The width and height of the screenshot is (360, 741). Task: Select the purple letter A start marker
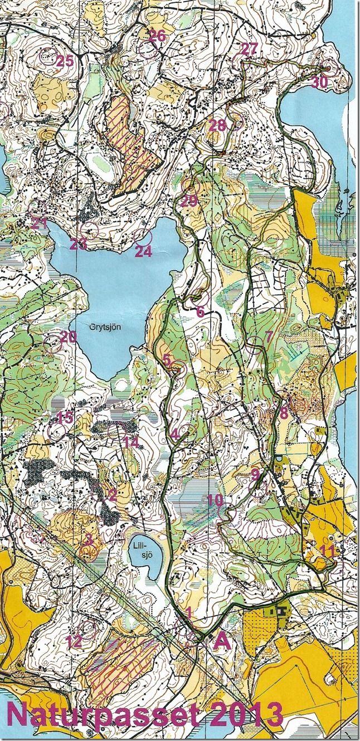pos(222,642)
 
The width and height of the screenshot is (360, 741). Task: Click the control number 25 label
pos(65,61)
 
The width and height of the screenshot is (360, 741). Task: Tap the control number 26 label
pos(157,36)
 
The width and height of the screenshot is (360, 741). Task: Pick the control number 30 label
pos(319,82)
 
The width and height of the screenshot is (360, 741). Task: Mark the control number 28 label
pos(218,126)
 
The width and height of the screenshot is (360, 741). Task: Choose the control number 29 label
pos(189,201)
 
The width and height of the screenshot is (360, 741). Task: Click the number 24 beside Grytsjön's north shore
pos(143,251)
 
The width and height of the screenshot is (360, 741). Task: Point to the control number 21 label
pos(39,223)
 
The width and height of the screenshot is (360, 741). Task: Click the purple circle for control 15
pos(56,431)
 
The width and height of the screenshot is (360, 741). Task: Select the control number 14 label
pos(130,442)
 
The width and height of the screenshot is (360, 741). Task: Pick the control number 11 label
pos(328,552)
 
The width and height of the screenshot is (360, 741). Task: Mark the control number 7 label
pos(269,336)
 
